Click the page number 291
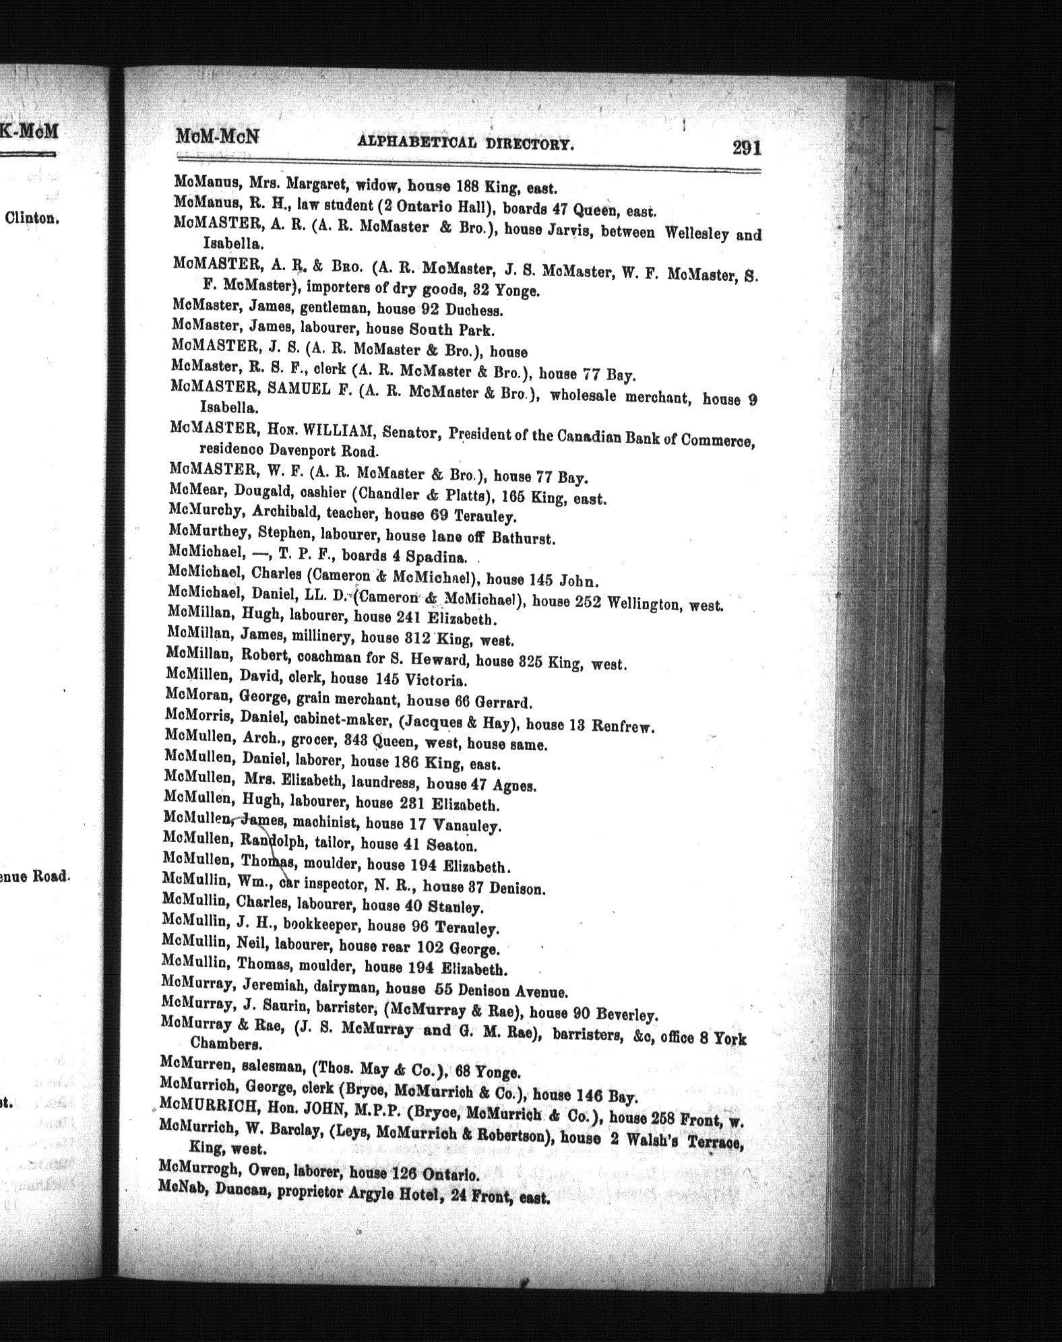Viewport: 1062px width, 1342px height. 747,147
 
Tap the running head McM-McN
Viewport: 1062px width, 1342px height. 217,137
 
